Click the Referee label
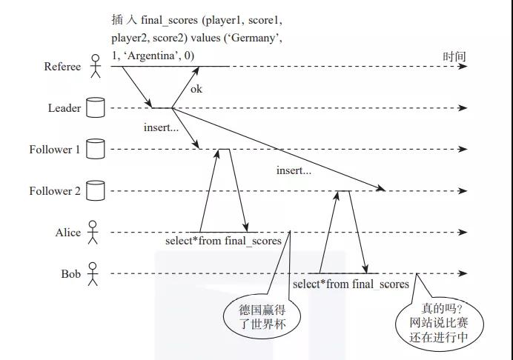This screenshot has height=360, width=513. tap(62, 67)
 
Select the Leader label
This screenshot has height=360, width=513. tap(64, 108)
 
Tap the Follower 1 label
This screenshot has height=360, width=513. tap(55, 150)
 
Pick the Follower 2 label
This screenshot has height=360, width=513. tap(55, 191)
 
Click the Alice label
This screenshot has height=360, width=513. tap(68, 233)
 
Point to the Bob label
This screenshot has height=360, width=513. tap(71, 274)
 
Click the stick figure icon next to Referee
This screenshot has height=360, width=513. tap(94, 67)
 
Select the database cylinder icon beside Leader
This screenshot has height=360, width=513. tap(94, 108)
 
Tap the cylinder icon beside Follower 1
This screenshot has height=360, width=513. tap(94, 150)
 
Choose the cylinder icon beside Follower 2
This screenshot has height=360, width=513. tap(94, 191)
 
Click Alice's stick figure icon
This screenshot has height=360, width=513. tap(93, 233)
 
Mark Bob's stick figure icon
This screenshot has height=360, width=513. tap(93, 274)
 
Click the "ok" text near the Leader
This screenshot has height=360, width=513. tap(196, 90)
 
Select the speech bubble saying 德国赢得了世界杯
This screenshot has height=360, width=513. tap(254, 315)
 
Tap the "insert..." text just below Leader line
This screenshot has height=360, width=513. tap(161, 127)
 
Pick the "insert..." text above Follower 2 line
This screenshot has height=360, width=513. tap(294, 170)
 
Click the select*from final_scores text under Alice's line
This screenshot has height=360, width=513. tap(224, 241)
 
